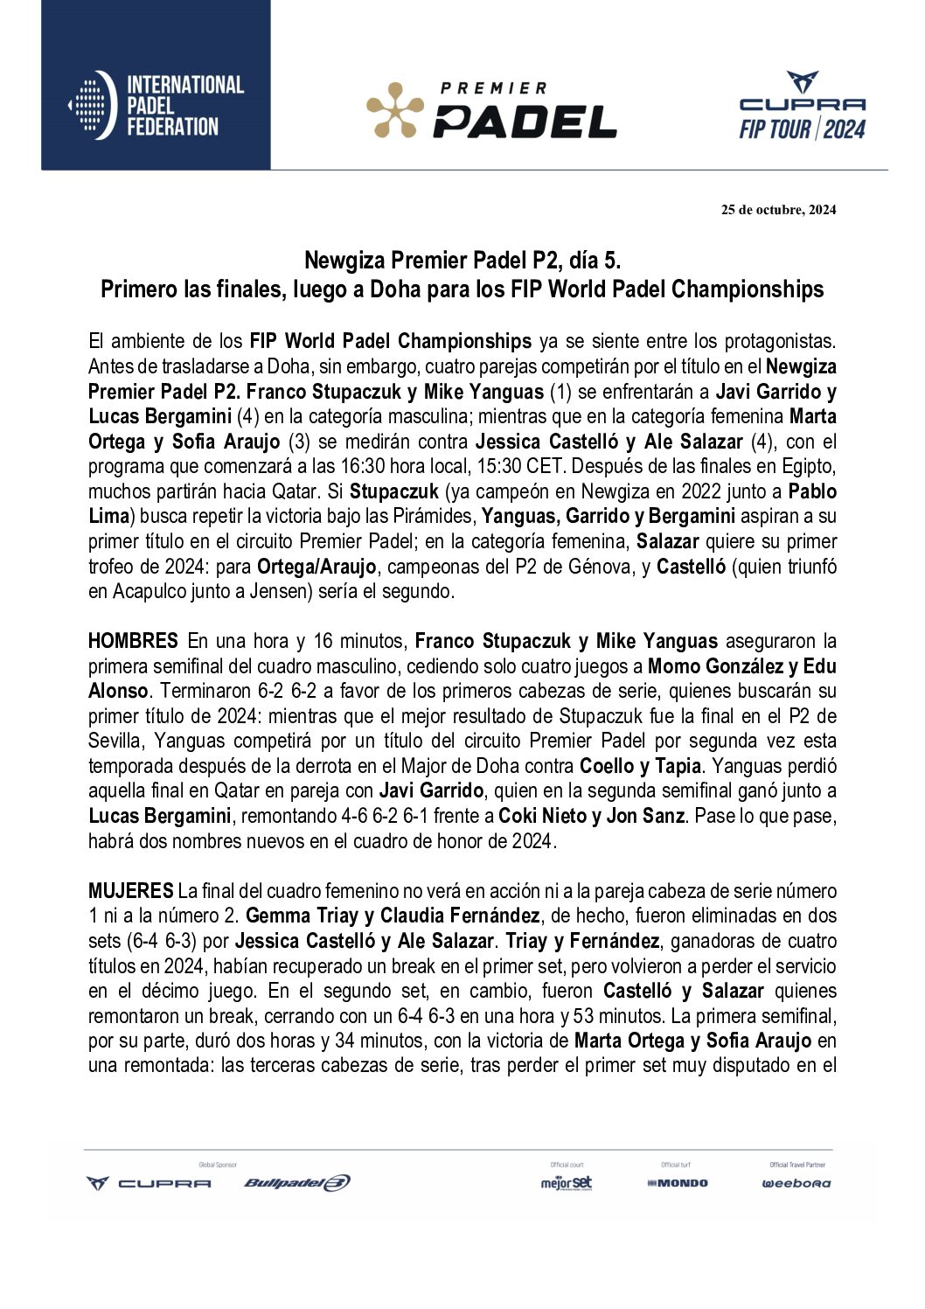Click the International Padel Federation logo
[x=156, y=106]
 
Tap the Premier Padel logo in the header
[x=491, y=110]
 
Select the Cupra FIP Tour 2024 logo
[x=802, y=107]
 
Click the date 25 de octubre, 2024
[x=778, y=210]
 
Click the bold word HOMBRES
[x=133, y=641]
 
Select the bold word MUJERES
[x=130, y=891]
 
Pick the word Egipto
[x=809, y=466]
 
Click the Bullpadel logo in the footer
[x=297, y=1183]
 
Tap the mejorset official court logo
[x=567, y=1183]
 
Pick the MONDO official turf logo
[x=678, y=1183]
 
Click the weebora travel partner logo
[x=796, y=1183]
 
